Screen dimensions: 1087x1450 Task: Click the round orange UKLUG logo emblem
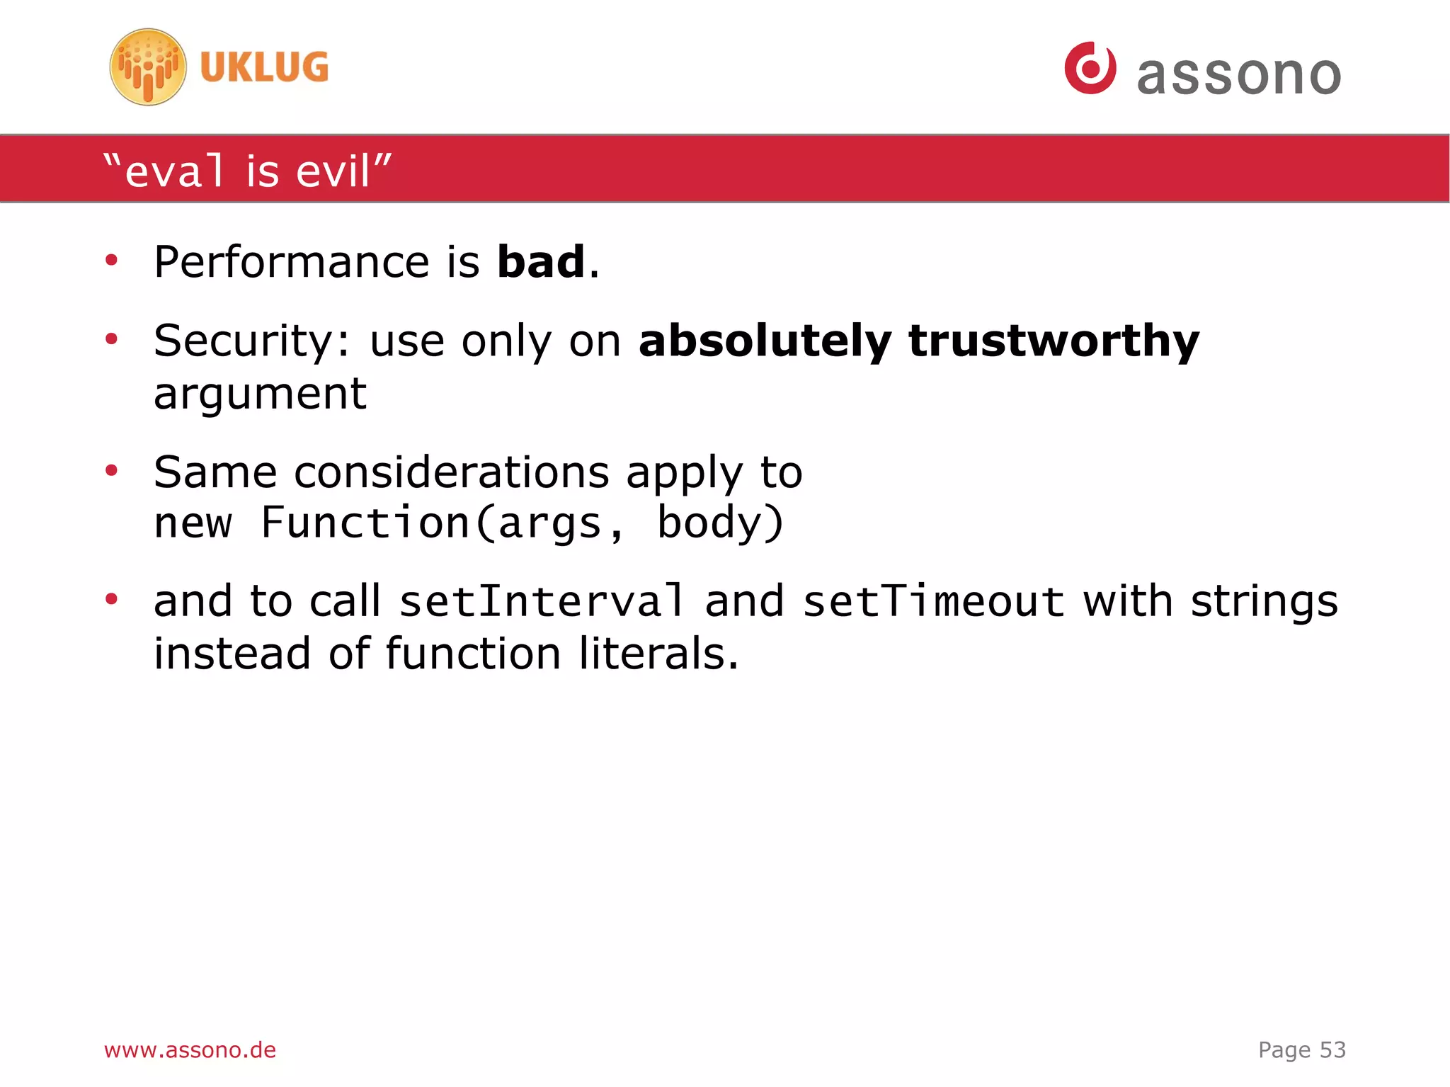pyautogui.click(x=148, y=67)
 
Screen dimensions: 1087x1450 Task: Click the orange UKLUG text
pyautogui.click(x=264, y=67)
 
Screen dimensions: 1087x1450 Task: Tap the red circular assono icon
pyautogui.click(x=1090, y=68)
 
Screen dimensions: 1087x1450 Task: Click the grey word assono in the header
pyautogui.click(x=1238, y=74)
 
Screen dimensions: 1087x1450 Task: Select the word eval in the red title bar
pyautogui.click(x=175, y=171)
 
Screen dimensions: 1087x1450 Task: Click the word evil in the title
pyautogui.click(x=333, y=171)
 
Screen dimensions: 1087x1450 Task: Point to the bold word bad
pyautogui.click(x=541, y=261)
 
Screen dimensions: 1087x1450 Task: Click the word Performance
pyautogui.click(x=291, y=262)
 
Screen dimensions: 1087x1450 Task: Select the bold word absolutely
pyautogui.click(x=765, y=341)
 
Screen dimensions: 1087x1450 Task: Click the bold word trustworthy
pyautogui.click(x=1054, y=341)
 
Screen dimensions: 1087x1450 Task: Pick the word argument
pyautogui.click(x=260, y=394)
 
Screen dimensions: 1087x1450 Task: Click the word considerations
pyautogui.click(x=452, y=472)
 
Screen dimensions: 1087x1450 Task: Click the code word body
pyautogui.click(x=712, y=523)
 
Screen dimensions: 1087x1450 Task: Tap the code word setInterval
pyautogui.click(x=542, y=601)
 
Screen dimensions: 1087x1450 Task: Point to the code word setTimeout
pyautogui.click(x=933, y=601)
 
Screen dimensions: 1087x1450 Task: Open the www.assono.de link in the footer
pyautogui.click(x=190, y=1049)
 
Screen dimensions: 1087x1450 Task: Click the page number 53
pyautogui.click(x=1332, y=1049)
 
